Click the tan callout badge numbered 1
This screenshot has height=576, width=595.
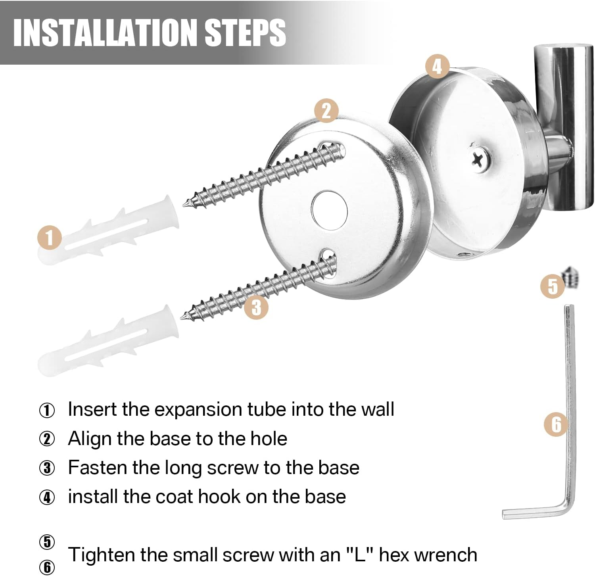coord(50,238)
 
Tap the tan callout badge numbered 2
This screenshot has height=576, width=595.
coord(326,111)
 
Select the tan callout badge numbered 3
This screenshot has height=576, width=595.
coord(256,307)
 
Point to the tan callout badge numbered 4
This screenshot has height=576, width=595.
coord(437,66)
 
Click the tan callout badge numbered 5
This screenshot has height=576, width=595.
coord(553,286)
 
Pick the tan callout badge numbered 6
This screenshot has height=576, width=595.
coord(556,424)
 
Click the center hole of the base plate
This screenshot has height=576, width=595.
coord(329,210)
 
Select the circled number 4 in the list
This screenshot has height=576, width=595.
coord(47,497)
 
